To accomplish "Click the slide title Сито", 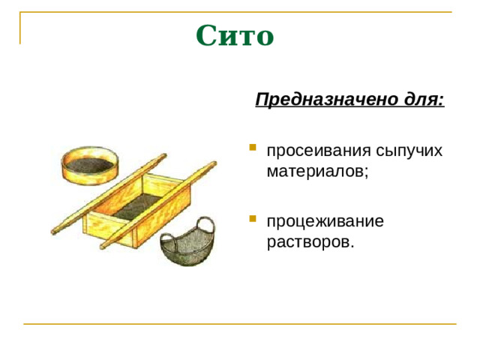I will tap(235, 35).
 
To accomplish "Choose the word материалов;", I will tap(317, 171).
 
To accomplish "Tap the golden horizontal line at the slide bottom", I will tap(240, 324).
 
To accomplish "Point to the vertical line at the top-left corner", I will tap(20, 28).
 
